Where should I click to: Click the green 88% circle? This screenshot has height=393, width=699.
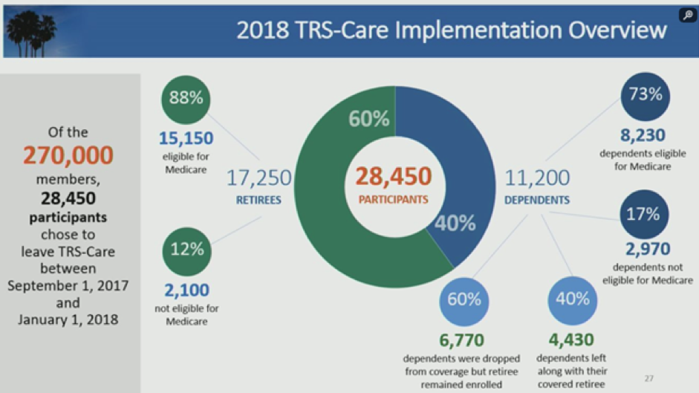click(186, 100)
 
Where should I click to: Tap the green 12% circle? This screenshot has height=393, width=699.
click(186, 252)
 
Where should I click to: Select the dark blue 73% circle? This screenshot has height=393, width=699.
click(645, 97)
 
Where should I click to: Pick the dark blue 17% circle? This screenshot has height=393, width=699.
click(644, 214)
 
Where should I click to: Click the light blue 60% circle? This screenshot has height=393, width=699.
click(464, 301)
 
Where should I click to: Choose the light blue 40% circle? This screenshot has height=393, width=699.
click(573, 301)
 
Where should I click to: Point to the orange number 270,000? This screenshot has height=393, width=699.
click(68, 155)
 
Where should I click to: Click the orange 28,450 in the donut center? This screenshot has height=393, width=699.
click(394, 176)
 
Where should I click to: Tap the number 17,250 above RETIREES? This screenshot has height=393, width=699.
click(259, 178)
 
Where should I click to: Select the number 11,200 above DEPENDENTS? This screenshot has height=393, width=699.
click(537, 178)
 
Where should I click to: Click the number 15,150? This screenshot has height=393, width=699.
click(186, 138)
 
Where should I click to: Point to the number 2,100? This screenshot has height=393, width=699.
click(186, 290)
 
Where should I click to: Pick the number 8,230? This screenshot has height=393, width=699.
click(643, 134)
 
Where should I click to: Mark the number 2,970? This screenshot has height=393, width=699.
click(648, 249)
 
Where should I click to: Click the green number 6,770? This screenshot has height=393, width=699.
click(462, 340)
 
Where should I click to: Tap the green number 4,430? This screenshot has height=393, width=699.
click(571, 340)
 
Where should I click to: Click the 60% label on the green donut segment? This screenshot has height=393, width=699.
click(368, 119)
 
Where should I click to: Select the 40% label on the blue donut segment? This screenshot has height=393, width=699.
click(455, 223)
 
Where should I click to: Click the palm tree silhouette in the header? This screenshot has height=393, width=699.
click(31, 33)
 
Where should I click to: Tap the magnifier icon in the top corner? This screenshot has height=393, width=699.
click(688, 15)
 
